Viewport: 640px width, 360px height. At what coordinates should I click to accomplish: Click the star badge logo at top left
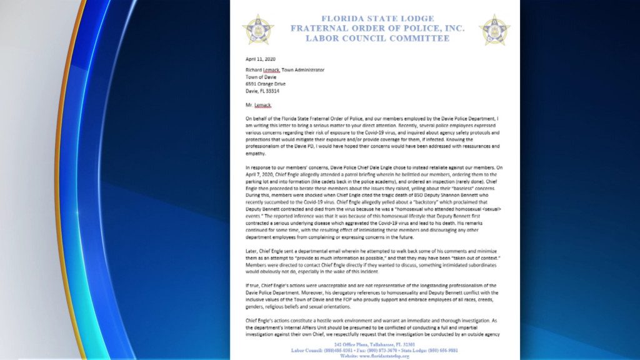click(x=258, y=29)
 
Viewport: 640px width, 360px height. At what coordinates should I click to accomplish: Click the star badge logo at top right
click(x=494, y=29)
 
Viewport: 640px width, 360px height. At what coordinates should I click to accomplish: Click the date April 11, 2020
click(x=261, y=59)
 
